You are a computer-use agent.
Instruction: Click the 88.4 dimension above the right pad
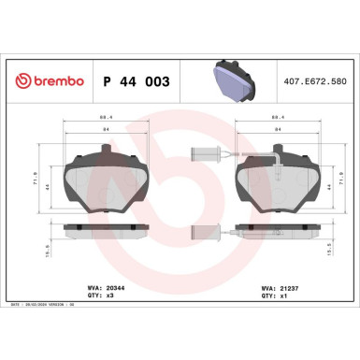278,118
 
